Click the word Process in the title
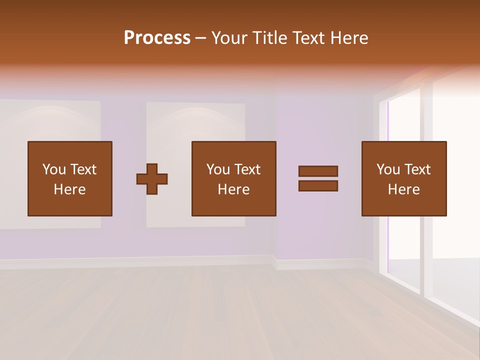(x=157, y=38)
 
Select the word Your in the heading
(x=229, y=38)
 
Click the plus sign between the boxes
(x=152, y=179)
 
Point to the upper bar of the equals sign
(x=318, y=171)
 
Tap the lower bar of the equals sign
(x=318, y=185)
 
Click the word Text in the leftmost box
(x=83, y=169)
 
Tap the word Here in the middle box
(x=234, y=189)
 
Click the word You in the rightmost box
(x=388, y=169)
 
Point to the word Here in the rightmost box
(x=404, y=189)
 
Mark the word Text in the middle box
(x=247, y=169)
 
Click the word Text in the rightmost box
(x=417, y=169)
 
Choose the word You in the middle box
(x=218, y=169)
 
